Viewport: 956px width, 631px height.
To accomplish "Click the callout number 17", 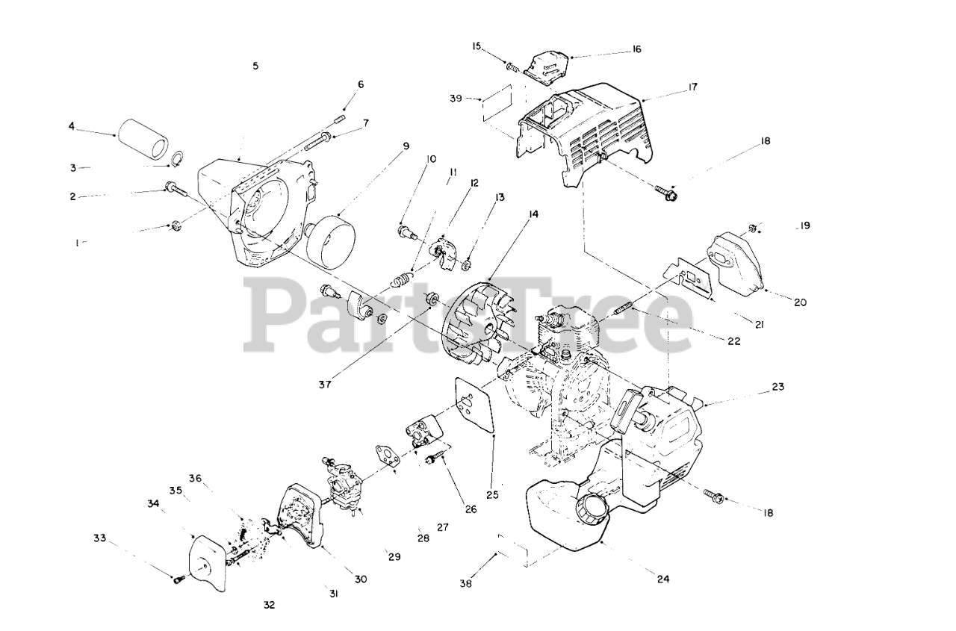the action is pyautogui.click(x=692, y=87).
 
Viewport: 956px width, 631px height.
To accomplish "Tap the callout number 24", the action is pyautogui.click(x=662, y=577).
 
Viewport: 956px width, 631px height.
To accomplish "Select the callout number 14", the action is pyautogui.click(x=533, y=214).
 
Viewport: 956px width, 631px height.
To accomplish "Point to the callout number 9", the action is pyautogui.click(x=406, y=146).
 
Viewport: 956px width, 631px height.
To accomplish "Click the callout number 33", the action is pyautogui.click(x=100, y=538).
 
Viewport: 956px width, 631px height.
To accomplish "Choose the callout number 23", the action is pyautogui.click(x=778, y=387).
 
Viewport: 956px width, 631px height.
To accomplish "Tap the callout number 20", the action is pyautogui.click(x=800, y=302).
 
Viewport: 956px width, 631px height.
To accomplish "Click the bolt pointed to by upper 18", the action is pyautogui.click(x=665, y=194).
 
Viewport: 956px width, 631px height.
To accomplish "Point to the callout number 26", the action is pyautogui.click(x=470, y=510).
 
